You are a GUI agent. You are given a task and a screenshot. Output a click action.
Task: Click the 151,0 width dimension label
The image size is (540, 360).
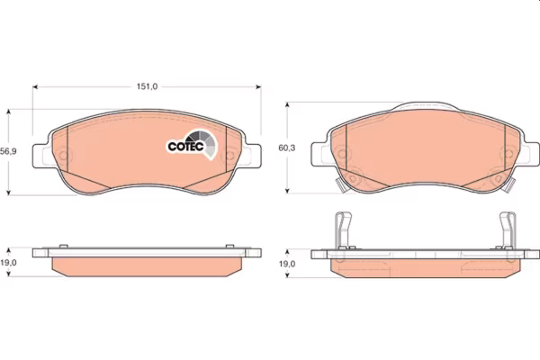coord(147,86)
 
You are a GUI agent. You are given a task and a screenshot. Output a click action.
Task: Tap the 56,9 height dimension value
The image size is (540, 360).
coord(8,151)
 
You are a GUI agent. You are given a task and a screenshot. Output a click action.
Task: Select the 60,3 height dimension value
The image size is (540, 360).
coord(286,148)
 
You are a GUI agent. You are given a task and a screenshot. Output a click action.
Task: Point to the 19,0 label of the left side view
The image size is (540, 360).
coord(8,263)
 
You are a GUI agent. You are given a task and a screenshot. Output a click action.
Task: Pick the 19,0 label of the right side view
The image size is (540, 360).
coord(287,264)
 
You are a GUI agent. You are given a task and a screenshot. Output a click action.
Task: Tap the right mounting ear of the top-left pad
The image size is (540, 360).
coord(252,156)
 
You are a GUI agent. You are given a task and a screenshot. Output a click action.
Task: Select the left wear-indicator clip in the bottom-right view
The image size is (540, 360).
coord(344,229)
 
